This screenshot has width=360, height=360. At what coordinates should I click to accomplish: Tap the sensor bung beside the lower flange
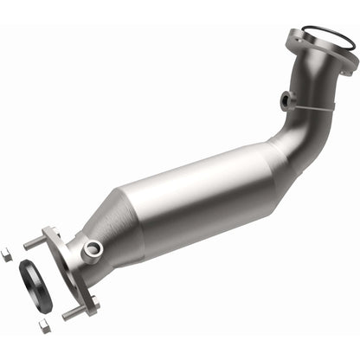click(x=93, y=249)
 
